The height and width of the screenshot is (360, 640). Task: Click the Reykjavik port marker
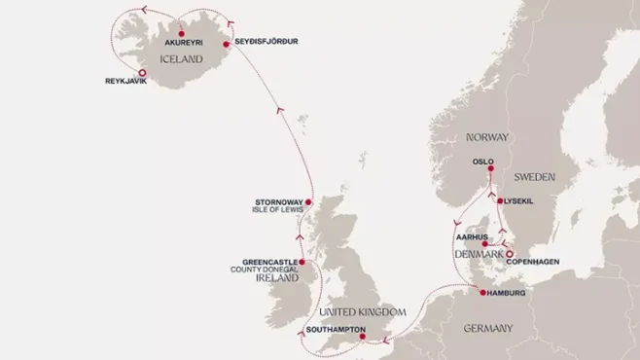(x=142, y=72)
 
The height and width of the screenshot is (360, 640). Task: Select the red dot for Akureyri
(x=182, y=34)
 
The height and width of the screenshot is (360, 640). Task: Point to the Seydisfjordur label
(x=266, y=42)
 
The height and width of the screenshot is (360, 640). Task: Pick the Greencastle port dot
(x=302, y=262)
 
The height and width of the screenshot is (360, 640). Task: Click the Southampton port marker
(x=362, y=337)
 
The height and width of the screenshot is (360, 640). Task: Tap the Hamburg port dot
(x=482, y=292)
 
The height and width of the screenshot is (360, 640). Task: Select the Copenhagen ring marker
(x=510, y=254)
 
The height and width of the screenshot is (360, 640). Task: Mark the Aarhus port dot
(x=472, y=244)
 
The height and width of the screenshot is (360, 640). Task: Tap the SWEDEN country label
(x=533, y=178)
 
